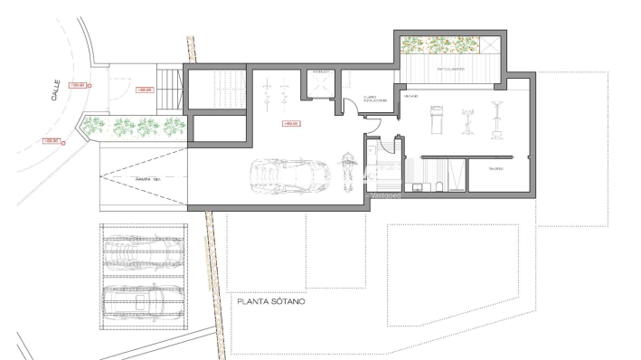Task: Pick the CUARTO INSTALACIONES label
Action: pyautogui.click(x=375, y=99)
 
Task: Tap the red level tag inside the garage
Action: pyautogui.click(x=291, y=123)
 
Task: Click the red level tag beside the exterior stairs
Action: pyautogui.click(x=144, y=90)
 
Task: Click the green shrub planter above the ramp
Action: pyautogui.click(x=136, y=126)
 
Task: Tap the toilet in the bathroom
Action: pyautogui.click(x=437, y=186)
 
